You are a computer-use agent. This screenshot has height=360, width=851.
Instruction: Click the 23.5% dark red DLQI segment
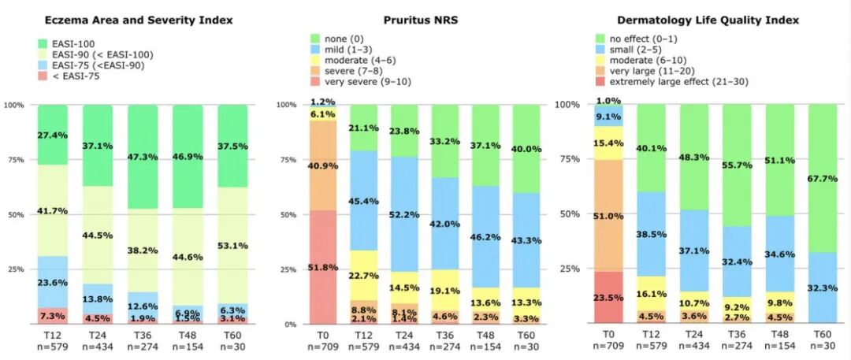pyautogui.click(x=608, y=298)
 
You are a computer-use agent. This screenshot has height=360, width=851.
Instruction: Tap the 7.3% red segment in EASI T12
pyautogui.click(x=53, y=315)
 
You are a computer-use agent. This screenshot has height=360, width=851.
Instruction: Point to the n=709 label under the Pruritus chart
pyautogui.click(x=321, y=346)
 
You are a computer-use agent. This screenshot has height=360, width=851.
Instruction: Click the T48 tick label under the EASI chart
pyautogui.click(x=188, y=335)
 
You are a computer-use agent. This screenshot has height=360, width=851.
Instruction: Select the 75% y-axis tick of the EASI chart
pyautogui.click(x=15, y=159)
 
